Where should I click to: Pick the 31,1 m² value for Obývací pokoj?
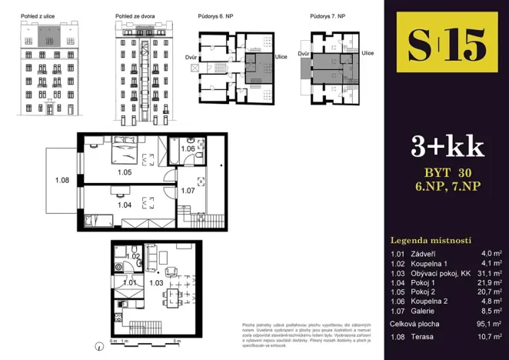[489, 272]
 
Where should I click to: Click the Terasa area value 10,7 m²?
[489, 337]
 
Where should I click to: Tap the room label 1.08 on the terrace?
[62, 181]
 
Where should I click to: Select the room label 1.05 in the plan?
[125, 172]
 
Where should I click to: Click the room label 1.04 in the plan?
[125, 205]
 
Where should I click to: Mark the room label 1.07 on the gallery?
[187, 189]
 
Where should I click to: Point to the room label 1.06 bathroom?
[188, 148]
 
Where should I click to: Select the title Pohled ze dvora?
[134, 15]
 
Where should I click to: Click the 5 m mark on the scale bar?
[177, 339]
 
